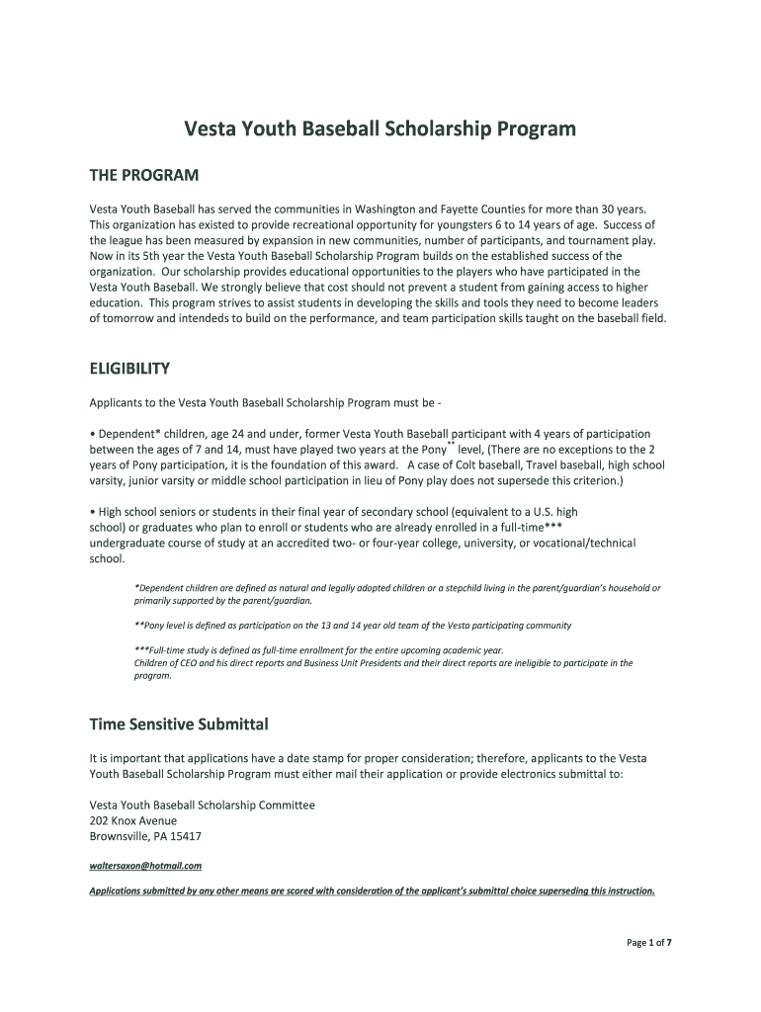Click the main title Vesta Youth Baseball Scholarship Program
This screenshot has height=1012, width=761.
point(380,129)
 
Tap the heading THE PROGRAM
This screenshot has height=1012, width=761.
point(144,176)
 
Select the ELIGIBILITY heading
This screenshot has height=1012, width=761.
point(129,369)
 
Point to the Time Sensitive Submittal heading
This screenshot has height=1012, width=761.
point(179,724)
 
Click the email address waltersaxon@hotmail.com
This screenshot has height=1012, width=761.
point(145,866)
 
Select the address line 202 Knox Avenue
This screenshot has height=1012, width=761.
point(133,820)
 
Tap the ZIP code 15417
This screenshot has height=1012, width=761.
point(187,836)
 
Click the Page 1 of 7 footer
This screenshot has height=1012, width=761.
point(649,943)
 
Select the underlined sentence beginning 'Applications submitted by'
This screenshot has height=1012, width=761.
point(372,890)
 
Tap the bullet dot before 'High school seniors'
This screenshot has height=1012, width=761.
point(92,512)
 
